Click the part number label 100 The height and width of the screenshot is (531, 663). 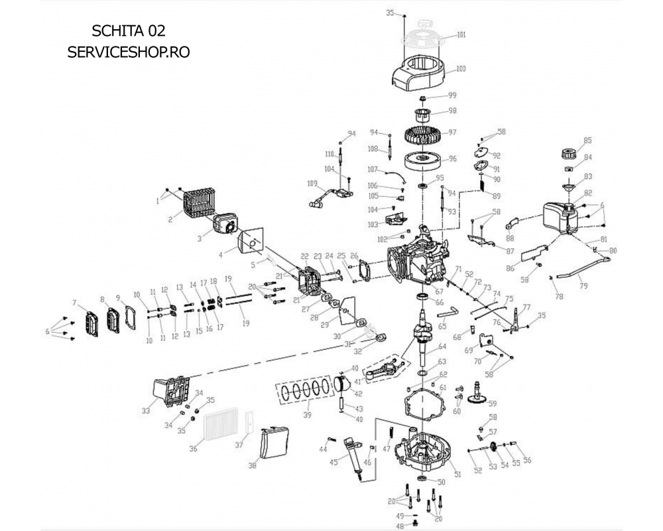pyautogui.click(x=461, y=68)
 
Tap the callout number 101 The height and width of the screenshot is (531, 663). pyautogui.click(x=461, y=34)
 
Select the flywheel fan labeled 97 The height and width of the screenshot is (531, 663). pyautogui.click(x=423, y=133)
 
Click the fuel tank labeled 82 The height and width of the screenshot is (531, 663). pyautogui.click(x=560, y=216)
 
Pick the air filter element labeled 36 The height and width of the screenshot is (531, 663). pyautogui.click(x=219, y=428)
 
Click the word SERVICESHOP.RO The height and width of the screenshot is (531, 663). pyautogui.click(x=129, y=52)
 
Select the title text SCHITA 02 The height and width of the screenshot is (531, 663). pyautogui.click(x=129, y=31)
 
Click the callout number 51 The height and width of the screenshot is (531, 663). pyautogui.click(x=457, y=473)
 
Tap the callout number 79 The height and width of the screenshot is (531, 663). pyautogui.click(x=583, y=287)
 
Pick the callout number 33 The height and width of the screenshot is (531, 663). pyautogui.click(x=146, y=411)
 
